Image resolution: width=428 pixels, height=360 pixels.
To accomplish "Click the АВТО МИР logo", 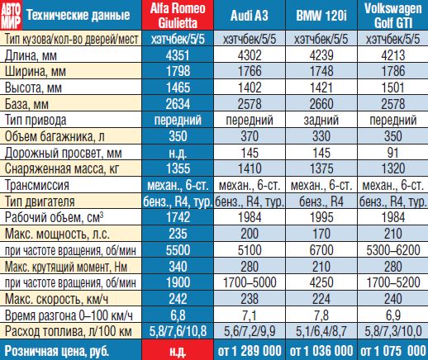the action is coord(11,16).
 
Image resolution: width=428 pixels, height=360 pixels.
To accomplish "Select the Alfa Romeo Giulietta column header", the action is coord(178,16).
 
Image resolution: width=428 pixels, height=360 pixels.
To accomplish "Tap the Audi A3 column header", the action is coord(250,16).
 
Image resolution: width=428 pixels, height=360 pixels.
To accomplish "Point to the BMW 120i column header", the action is coord(321,16).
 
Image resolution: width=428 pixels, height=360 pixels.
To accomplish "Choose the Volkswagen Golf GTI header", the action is coord(393,16).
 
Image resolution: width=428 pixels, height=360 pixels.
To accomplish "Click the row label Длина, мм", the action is coord(31,55).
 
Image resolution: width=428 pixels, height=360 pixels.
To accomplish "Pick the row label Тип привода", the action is coord(36,120).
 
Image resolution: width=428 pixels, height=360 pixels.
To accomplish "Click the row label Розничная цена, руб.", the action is coord(57,351).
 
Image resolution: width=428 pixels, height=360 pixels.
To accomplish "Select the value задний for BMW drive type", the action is coord(321,120).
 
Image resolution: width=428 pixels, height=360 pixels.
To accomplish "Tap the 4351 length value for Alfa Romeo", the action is coord(178,55).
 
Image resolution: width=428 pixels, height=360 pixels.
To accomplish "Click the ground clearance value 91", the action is coord(392,153).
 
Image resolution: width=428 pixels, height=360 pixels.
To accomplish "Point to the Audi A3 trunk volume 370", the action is coord(250,136).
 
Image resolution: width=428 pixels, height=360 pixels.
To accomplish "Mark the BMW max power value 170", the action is coord(321,234).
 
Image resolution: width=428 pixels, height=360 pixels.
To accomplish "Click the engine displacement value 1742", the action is coord(178,217).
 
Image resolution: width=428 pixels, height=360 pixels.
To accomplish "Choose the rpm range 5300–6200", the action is coord(393,250).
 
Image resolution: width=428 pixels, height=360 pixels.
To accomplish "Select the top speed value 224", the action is coord(321,299).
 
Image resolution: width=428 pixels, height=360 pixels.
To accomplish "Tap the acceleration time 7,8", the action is coord(321,315).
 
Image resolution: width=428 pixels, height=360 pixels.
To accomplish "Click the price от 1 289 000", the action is coord(250,351).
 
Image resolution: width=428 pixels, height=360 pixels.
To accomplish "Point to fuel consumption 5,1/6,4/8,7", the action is coord(321,331).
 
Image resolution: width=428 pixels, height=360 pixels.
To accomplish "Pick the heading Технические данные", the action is coord(78,16).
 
